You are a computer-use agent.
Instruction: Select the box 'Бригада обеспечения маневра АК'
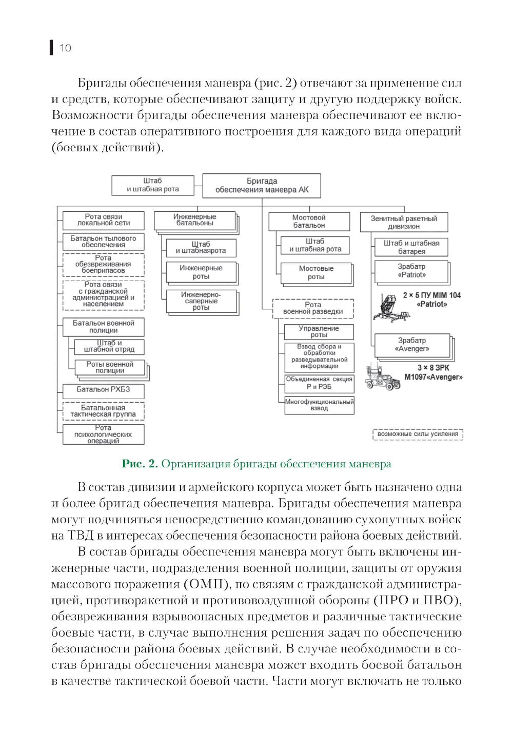[x=262, y=186]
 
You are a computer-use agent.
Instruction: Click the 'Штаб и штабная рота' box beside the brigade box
[x=153, y=185]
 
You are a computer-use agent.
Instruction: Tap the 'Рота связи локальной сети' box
[x=103, y=220]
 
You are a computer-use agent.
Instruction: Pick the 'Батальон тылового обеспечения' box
[x=103, y=242]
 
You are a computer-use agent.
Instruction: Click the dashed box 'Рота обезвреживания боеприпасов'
[x=103, y=264]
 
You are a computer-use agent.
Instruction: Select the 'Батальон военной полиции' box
[x=103, y=327]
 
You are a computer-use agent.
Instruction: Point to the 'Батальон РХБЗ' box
[x=103, y=390]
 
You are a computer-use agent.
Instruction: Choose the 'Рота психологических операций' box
[x=103, y=434]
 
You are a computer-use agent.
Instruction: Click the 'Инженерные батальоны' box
[x=194, y=220]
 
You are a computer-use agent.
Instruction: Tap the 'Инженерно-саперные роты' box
[x=201, y=301]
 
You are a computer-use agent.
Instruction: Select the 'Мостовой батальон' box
[x=309, y=222]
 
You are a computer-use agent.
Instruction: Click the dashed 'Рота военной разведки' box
[x=313, y=308]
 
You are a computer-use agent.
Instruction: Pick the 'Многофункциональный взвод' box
[x=319, y=405]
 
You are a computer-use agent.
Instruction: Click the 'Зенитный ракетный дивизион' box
[x=404, y=222]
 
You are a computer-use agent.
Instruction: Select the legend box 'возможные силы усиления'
[x=418, y=434]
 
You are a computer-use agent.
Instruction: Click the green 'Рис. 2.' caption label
[x=140, y=464]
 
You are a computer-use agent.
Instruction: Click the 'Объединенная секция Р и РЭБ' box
[x=319, y=383]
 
